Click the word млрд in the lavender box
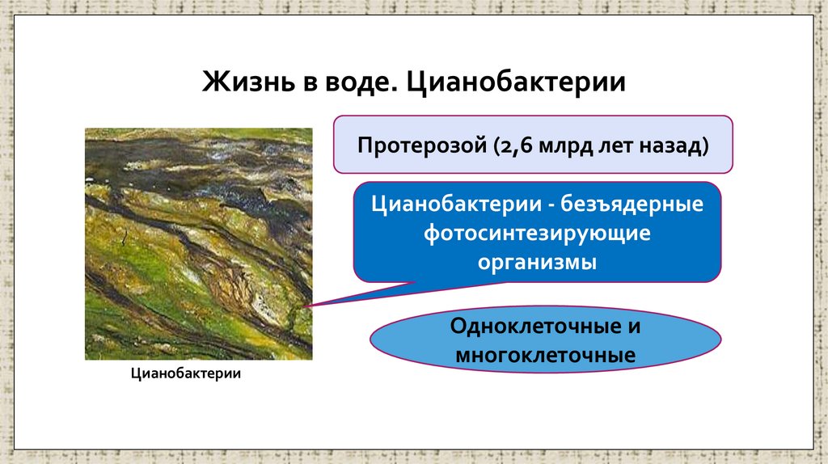coord(560,146)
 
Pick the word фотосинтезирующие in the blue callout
coord(537,233)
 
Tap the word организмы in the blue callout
coord(537,263)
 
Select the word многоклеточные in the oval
coord(545,356)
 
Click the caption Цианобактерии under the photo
coord(186,374)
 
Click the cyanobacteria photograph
coord(198,243)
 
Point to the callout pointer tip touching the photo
coord(308,306)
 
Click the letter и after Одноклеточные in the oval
coord(633,327)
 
